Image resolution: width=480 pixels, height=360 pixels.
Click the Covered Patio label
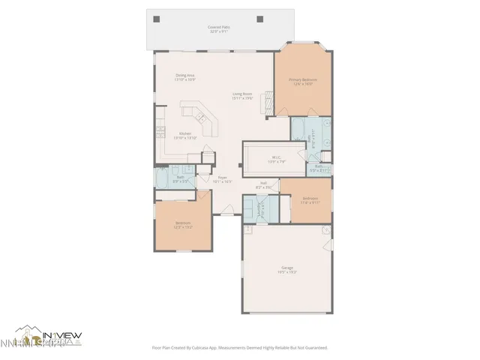pos(219,30)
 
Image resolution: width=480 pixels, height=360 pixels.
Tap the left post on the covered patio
pos(155,19)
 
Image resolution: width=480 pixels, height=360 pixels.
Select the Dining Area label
pos(185,77)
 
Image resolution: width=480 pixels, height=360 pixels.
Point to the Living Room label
pos(243,96)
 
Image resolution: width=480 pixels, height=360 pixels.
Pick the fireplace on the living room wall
pos(263,106)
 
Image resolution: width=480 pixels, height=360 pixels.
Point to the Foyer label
pos(223,179)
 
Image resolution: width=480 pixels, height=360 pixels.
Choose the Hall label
pos(264,184)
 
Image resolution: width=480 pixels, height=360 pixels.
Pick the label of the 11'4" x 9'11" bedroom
pos(310,200)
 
